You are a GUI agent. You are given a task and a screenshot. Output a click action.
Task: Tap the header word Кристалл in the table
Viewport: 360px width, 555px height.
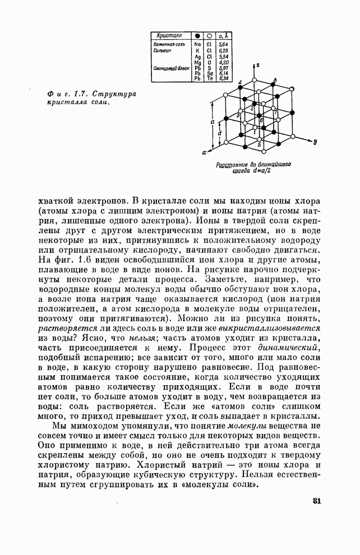tap(168, 35)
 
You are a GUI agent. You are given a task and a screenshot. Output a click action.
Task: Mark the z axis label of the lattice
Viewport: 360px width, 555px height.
tap(259, 65)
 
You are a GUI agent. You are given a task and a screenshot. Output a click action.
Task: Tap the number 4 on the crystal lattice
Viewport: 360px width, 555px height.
tap(240, 83)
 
